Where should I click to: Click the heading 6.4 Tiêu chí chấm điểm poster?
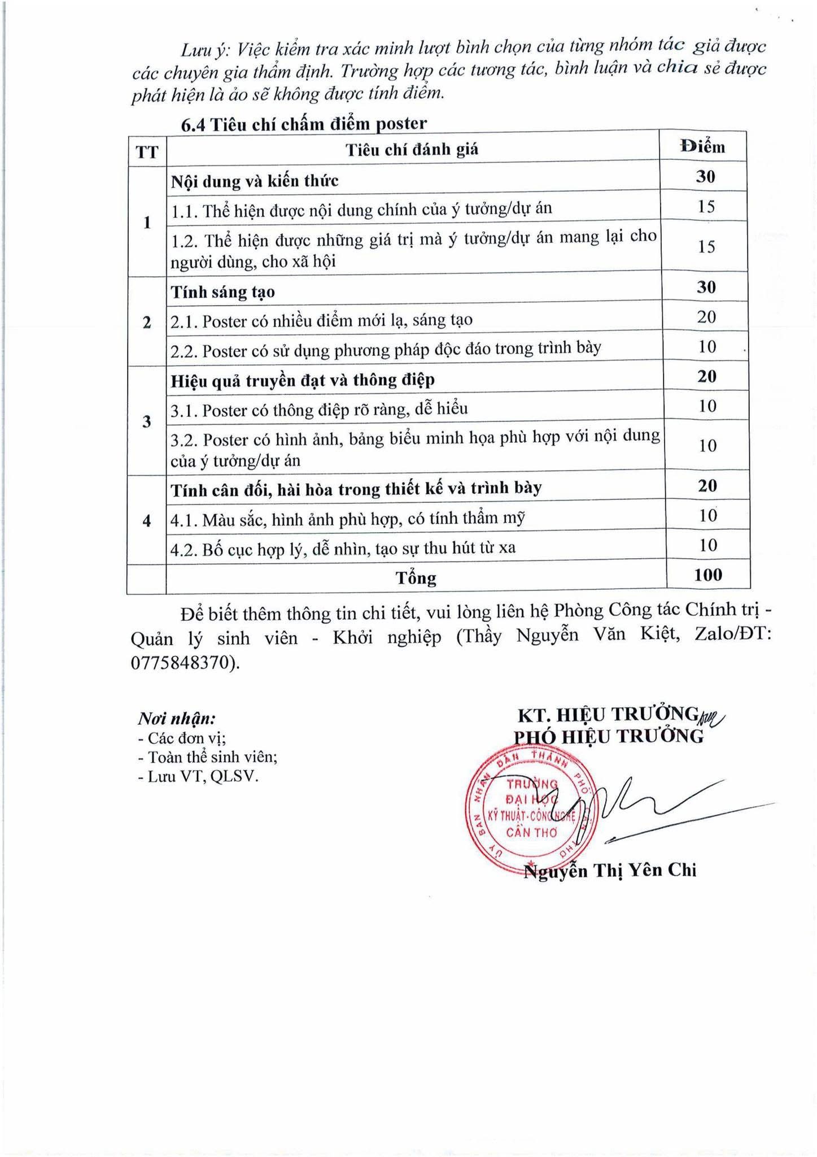[x=304, y=124]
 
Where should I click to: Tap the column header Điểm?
[x=702, y=147]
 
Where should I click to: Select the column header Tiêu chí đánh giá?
[x=412, y=150]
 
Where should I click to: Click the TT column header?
[x=147, y=152]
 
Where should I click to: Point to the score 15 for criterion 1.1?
[x=706, y=206]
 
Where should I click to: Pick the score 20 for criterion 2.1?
[x=706, y=317]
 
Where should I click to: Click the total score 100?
[x=708, y=575]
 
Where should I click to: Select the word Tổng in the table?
[x=416, y=578]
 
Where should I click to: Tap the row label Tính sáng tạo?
[x=223, y=292]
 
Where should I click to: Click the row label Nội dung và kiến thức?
[x=255, y=181]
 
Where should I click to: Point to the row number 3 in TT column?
[x=147, y=421]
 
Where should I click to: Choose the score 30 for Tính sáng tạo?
[x=706, y=288]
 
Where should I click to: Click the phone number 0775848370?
[x=182, y=663]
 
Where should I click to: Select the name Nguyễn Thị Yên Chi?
[x=610, y=871]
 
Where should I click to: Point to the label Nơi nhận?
[x=177, y=719]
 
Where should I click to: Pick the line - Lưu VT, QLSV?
[x=198, y=777]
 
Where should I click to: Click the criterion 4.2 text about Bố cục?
[x=343, y=547]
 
